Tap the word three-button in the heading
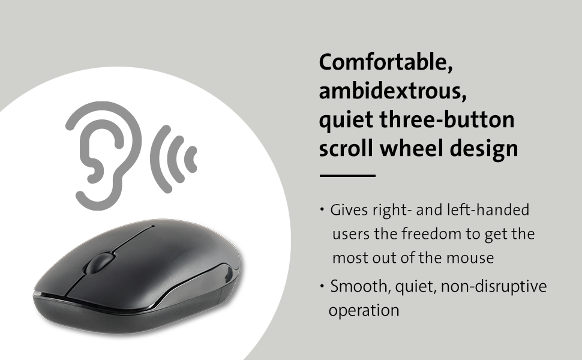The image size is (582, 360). (x=452, y=119)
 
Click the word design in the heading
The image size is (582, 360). (x=490, y=148)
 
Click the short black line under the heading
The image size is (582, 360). (x=347, y=176)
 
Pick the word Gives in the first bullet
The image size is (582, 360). (x=347, y=211)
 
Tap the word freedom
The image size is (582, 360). (x=433, y=234)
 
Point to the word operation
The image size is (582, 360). (x=364, y=311)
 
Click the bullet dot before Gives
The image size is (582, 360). (x=323, y=210)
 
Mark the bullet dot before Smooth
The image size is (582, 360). (x=323, y=287)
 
